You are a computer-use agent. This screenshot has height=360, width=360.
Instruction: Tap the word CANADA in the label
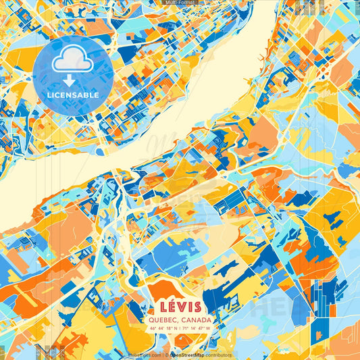coord(196,319)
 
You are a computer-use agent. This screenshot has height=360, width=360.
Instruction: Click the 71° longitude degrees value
coord(184,328)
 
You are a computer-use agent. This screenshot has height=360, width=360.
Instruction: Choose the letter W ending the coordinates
coord(208,328)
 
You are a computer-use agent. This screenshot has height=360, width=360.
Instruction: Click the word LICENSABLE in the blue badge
coord(73,95)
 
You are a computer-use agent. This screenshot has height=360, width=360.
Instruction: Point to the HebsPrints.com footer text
coord(144,355)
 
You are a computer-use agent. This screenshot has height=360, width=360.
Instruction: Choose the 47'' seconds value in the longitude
coord(201,328)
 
